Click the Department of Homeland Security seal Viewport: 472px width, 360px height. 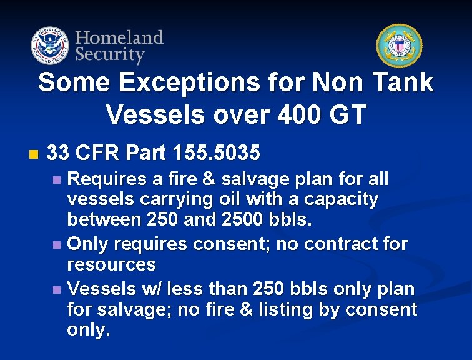[x=49, y=46]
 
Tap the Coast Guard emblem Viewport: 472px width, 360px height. [x=399, y=46]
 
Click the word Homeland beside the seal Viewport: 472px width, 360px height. [x=119, y=37]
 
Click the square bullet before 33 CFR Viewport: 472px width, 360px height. [x=33, y=153]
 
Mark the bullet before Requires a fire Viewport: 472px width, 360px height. [x=58, y=180]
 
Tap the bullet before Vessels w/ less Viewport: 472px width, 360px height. [x=58, y=289]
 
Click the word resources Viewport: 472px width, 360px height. [x=111, y=264]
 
